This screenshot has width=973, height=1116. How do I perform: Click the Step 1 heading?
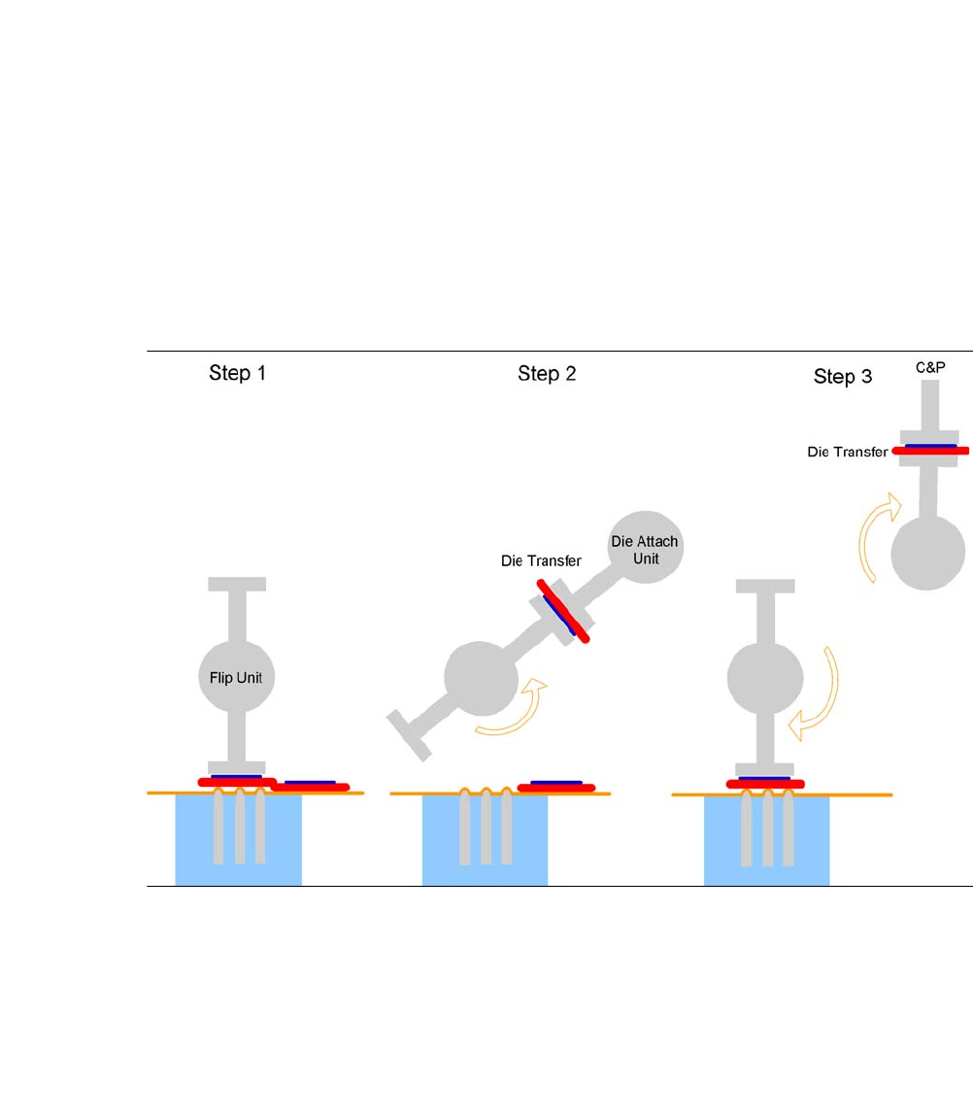tap(237, 373)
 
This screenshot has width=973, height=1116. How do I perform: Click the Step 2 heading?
tap(547, 374)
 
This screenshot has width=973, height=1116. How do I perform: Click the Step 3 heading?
tap(843, 377)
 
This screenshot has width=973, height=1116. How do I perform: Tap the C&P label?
tap(930, 368)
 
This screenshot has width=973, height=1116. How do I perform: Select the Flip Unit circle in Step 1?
tap(237, 678)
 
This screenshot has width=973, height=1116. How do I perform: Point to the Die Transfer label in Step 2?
tap(541, 560)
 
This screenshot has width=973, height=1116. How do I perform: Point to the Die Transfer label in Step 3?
tap(847, 452)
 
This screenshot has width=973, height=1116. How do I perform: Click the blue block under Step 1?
tap(238, 840)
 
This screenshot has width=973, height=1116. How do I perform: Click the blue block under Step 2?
tap(485, 840)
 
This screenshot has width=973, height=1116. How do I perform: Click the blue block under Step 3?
tap(766, 840)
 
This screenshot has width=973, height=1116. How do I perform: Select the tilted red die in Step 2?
tap(562, 609)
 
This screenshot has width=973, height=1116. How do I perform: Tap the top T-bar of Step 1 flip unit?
tap(237, 584)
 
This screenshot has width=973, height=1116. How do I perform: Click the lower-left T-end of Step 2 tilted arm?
tap(408, 733)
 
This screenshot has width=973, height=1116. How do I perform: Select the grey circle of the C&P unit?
tap(929, 552)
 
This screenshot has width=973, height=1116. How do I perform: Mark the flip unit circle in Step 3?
tap(765, 677)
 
